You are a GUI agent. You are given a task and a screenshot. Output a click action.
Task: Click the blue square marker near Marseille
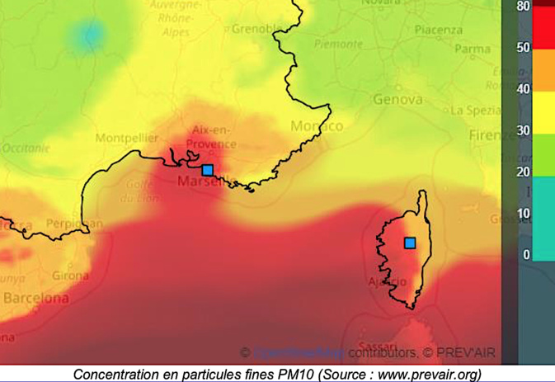point(208,170)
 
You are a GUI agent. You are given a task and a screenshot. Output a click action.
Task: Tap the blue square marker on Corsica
point(410,243)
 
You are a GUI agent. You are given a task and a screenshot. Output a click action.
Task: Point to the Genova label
point(398,100)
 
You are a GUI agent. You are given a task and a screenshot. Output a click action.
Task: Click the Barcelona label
point(35,298)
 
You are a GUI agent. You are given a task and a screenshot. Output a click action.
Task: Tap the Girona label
point(70,276)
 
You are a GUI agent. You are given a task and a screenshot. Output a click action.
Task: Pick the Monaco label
point(317,126)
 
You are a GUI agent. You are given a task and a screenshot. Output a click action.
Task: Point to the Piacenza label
point(439,30)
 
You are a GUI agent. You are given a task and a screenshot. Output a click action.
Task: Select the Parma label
point(472,49)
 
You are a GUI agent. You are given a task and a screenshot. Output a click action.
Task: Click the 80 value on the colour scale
point(523,6)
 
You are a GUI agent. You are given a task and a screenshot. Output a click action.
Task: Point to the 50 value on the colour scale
point(523,47)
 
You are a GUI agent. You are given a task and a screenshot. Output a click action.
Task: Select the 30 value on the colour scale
point(523,130)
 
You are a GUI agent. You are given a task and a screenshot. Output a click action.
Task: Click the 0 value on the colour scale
point(526,255)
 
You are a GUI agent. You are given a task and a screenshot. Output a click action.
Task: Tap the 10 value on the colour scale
point(523,214)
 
